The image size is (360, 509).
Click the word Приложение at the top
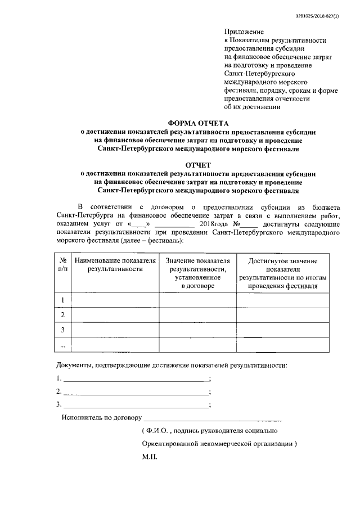[x=244, y=31]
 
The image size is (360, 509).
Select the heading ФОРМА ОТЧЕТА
[x=200, y=122]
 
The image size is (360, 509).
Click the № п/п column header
[x=63, y=265]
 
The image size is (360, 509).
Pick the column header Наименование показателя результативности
[x=115, y=265]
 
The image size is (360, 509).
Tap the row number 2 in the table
[x=63, y=316]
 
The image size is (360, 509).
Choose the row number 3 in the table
[x=63, y=330]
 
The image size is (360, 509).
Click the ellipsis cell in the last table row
[x=63, y=345]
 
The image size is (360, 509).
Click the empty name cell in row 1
[x=115, y=301]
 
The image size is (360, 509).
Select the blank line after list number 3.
[x=135, y=405]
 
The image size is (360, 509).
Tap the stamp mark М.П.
[x=150, y=457]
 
